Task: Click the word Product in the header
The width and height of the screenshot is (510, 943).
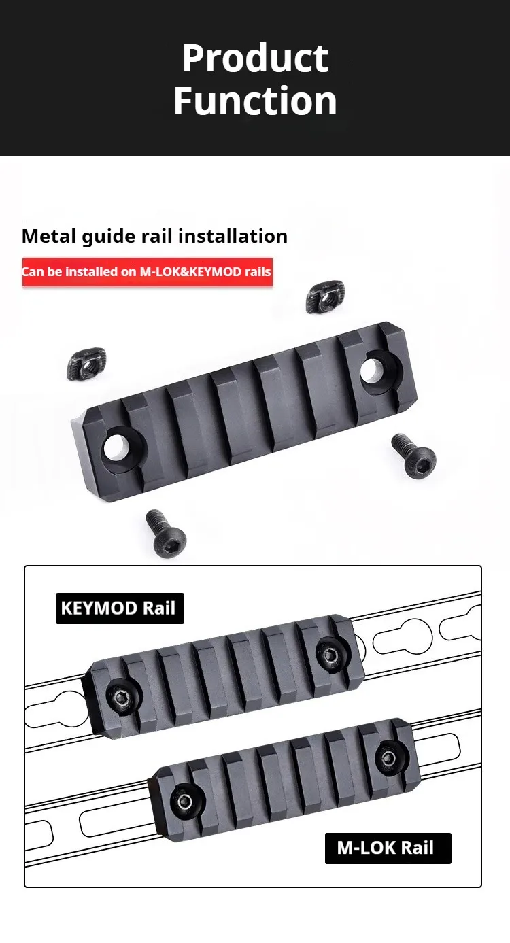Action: point(255,58)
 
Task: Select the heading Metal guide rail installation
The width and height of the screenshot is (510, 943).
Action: point(154,236)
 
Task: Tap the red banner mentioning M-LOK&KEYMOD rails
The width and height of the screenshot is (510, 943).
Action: point(148,272)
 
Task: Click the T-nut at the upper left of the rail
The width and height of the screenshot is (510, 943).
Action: point(87,364)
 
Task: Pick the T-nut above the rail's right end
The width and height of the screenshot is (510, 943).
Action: point(325,298)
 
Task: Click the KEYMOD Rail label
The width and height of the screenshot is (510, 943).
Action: point(120,608)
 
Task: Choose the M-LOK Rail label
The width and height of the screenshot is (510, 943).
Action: point(388,848)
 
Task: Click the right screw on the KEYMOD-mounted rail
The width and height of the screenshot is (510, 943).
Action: point(330,654)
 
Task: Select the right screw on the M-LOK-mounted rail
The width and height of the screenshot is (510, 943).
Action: point(389,758)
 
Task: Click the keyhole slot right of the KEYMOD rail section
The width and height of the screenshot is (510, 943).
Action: point(402,636)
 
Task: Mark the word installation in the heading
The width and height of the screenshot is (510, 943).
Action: point(233,236)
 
